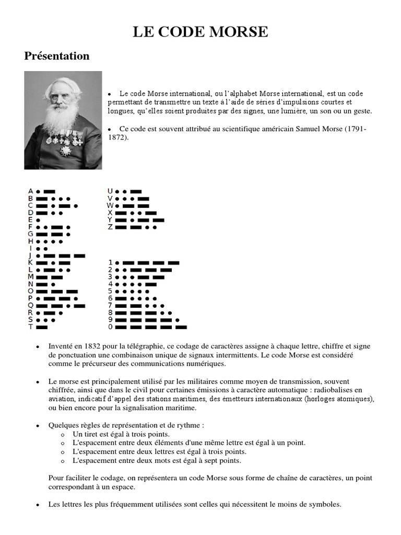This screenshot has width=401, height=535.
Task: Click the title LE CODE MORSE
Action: (200, 32)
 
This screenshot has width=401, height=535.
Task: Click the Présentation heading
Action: (57, 56)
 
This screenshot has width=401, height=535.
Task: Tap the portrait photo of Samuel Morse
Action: (63, 120)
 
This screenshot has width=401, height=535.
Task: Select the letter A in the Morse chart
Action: (31, 191)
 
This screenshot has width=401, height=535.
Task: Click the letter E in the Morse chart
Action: (31, 220)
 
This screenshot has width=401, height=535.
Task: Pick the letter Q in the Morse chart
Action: (31, 305)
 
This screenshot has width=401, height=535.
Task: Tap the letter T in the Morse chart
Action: (31, 327)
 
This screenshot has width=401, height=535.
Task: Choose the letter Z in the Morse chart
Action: (110, 227)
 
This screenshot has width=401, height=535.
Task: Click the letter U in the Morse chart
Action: (110, 191)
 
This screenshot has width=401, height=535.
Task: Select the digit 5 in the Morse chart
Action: (110, 291)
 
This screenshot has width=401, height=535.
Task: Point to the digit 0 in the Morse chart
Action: (110, 327)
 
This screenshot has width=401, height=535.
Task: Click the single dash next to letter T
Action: (42, 327)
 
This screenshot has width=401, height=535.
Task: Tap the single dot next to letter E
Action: (39, 220)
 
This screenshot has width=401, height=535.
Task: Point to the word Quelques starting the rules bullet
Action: (64, 425)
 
